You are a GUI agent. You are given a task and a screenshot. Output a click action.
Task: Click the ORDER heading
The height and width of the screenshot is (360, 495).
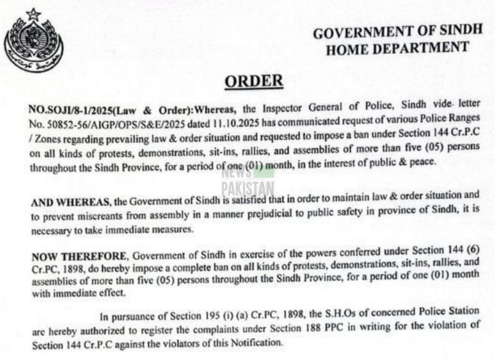coord(253,80)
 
